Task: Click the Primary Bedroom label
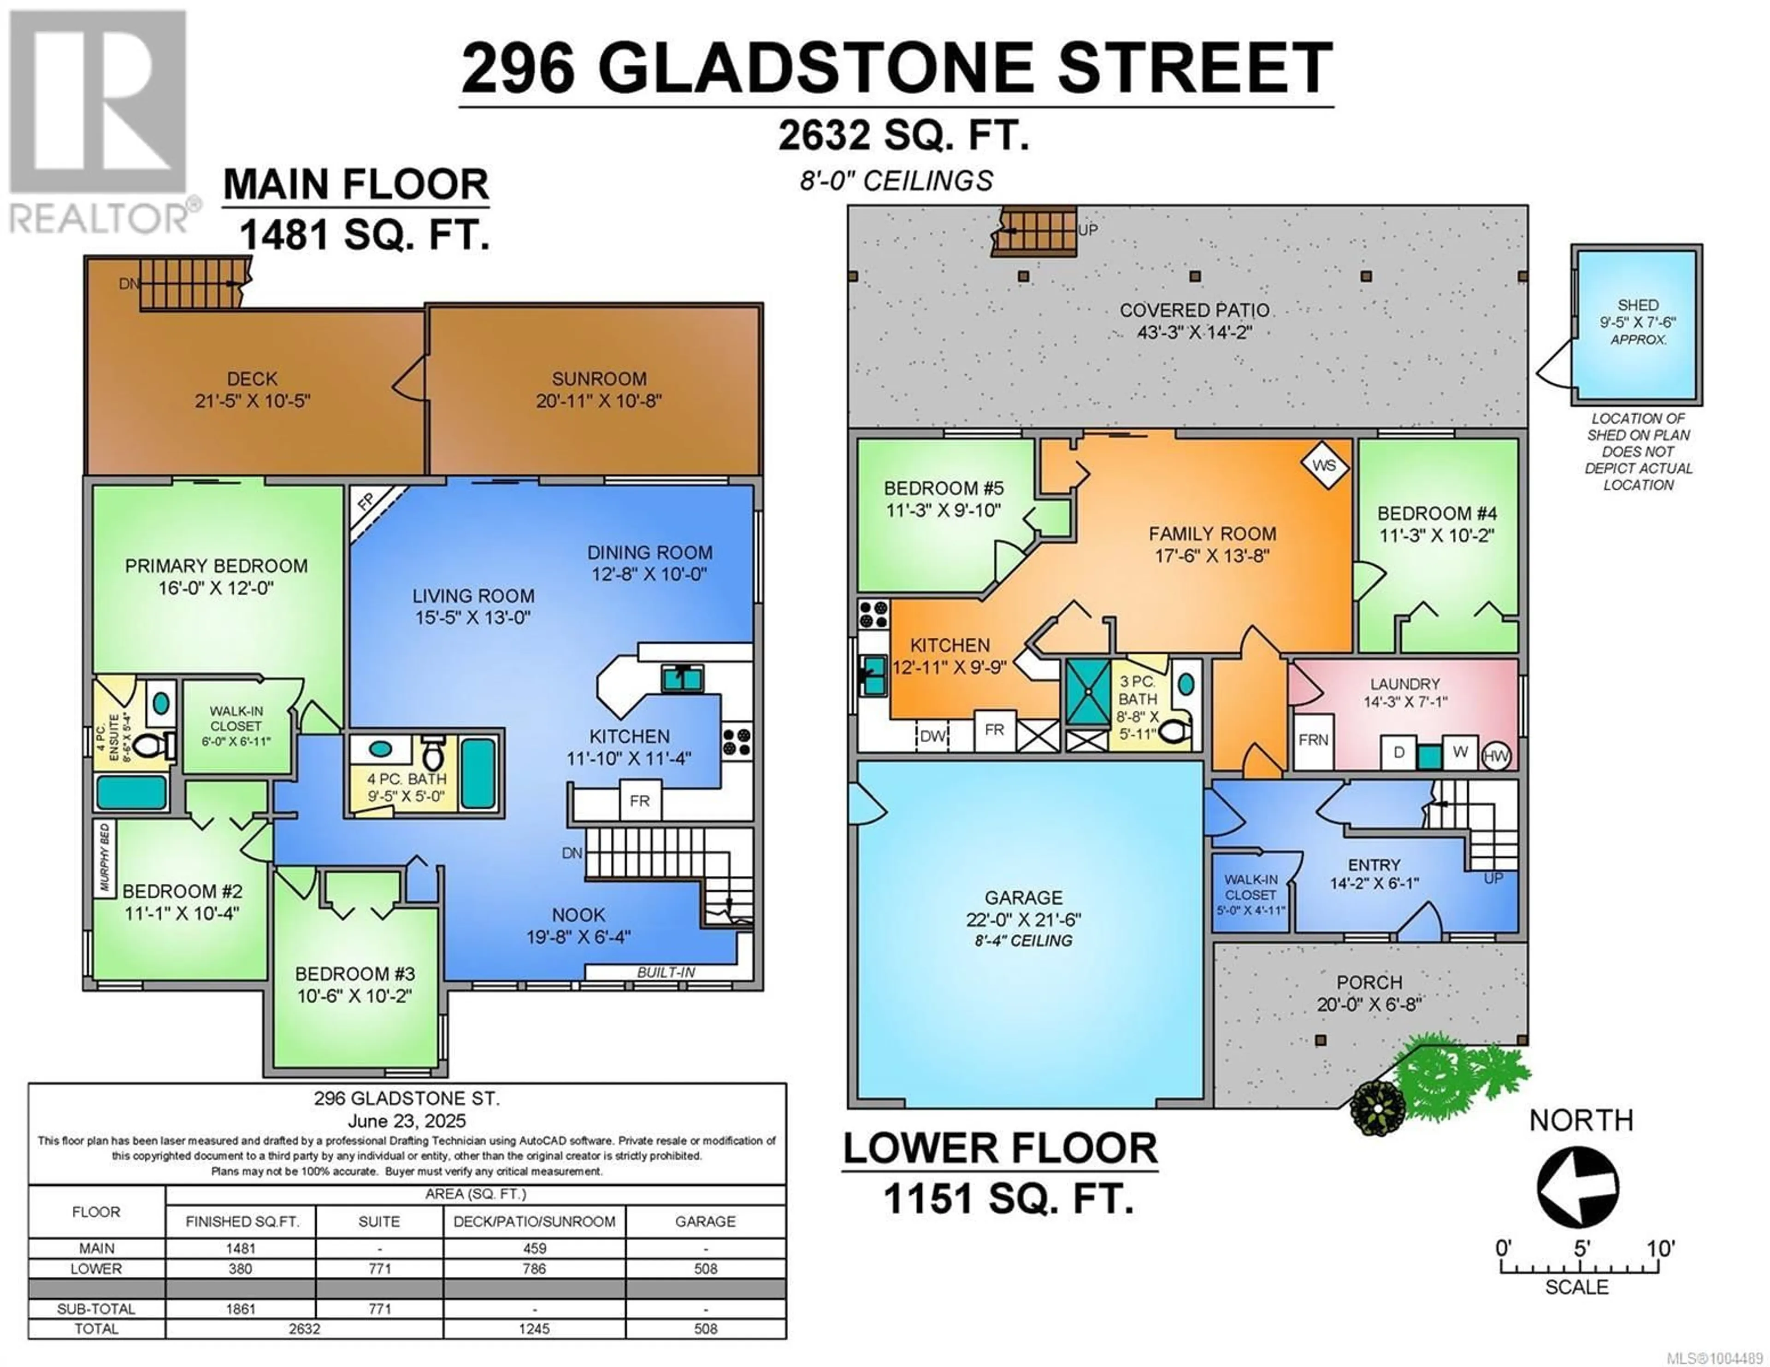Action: pyautogui.click(x=216, y=566)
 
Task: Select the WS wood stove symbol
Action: pyautogui.click(x=1324, y=466)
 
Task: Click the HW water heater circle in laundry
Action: pyautogui.click(x=1495, y=757)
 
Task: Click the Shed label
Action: pyautogui.click(x=1638, y=305)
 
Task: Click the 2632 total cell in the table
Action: pyautogui.click(x=305, y=1329)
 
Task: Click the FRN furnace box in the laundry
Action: pyautogui.click(x=1313, y=740)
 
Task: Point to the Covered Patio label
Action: pyautogui.click(x=1195, y=311)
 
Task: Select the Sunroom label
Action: pyautogui.click(x=599, y=378)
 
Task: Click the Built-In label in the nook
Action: pyautogui.click(x=666, y=972)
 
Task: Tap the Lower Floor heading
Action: pyautogui.click(x=1000, y=1149)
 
